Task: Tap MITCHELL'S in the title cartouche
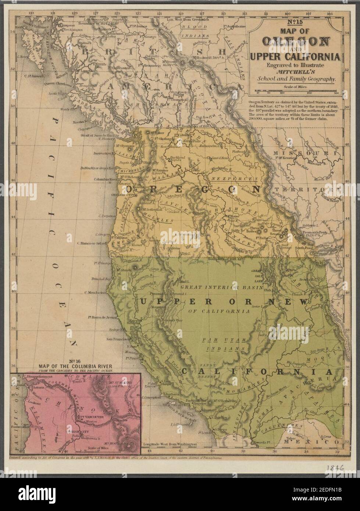[296, 72]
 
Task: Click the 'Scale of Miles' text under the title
[296, 87]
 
